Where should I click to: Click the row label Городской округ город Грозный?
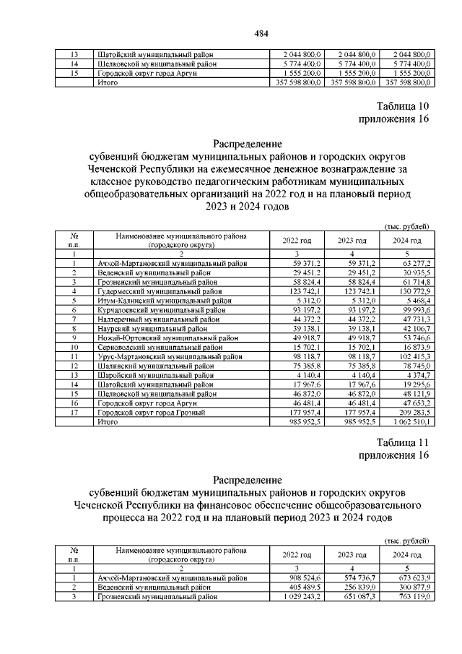(x=151, y=413)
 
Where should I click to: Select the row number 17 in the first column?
(x=74, y=413)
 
